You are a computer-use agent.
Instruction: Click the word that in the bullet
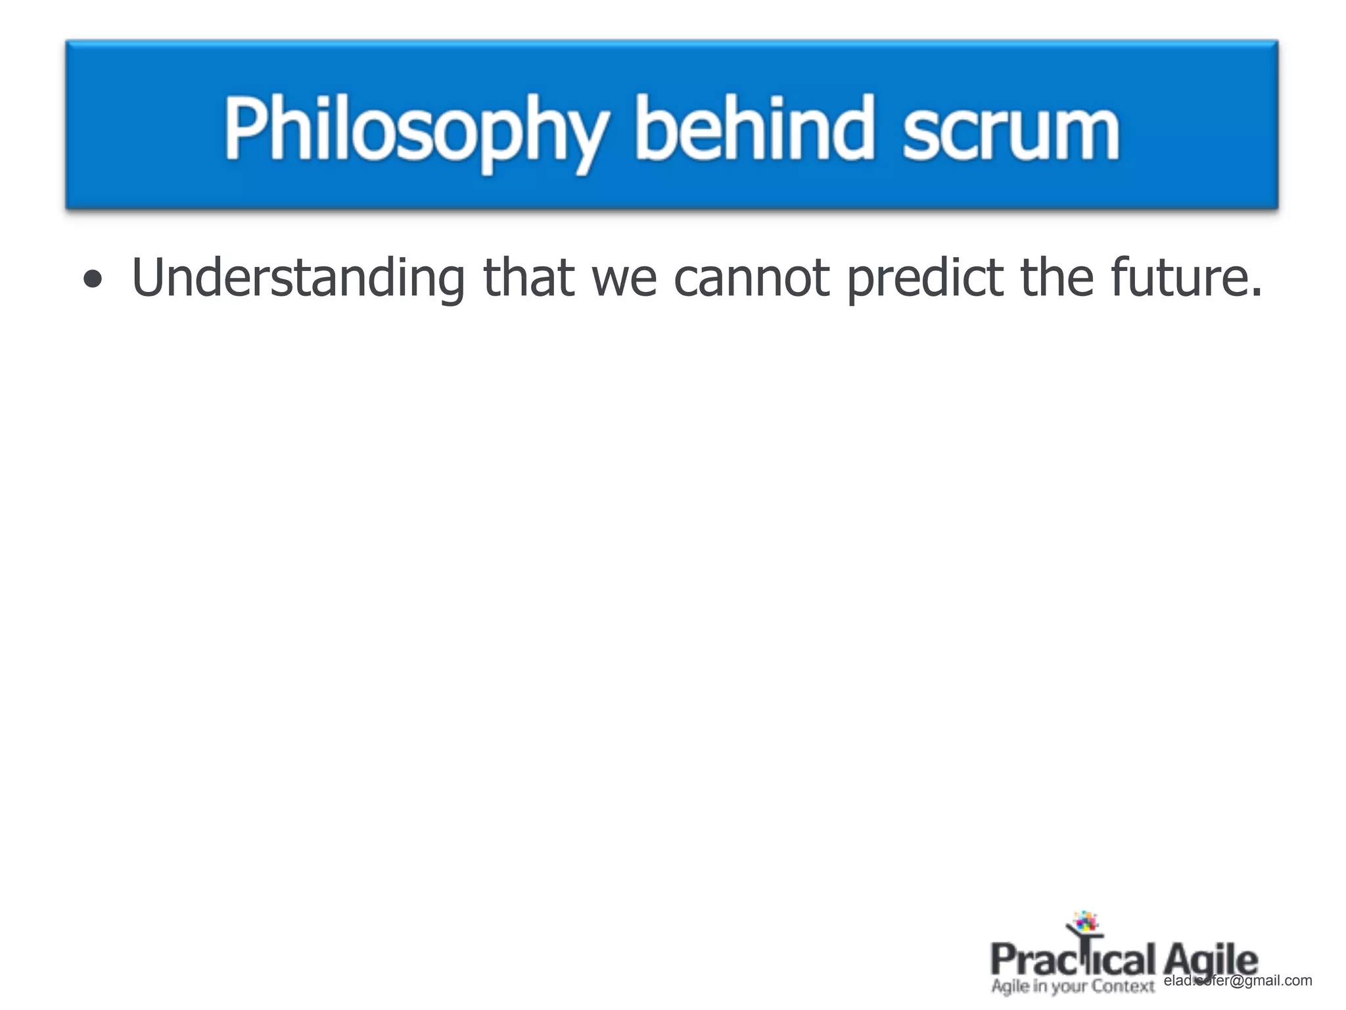point(528,277)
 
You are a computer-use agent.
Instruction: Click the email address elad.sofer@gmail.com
point(1238,980)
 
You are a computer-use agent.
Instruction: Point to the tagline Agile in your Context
point(1073,986)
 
